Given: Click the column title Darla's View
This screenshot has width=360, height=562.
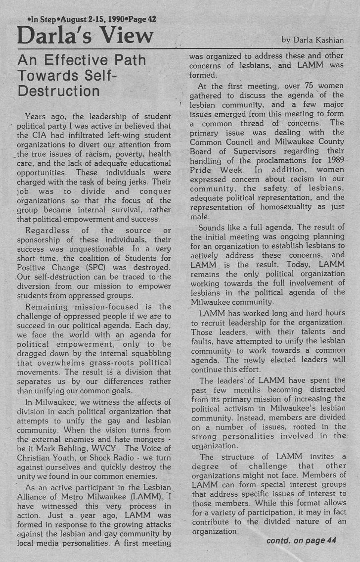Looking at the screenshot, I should click(x=85, y=35).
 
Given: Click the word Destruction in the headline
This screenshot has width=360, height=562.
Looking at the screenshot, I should click(x=58, y=92).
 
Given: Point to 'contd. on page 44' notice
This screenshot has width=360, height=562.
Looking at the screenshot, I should click(x=302, y=540).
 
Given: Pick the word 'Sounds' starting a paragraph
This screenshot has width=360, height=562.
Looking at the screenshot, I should click(x=211, y=228).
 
